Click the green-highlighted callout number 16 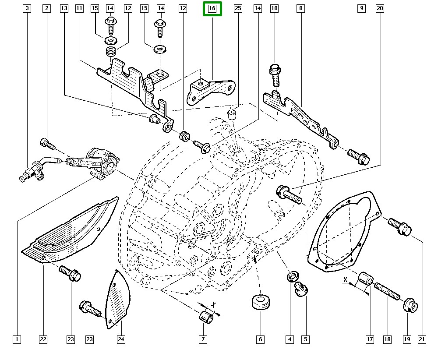tap(212, 8)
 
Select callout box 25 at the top tap(238, 8)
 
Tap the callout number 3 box tap(28, 8)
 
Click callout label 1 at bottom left tap(17, 339)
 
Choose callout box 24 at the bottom tap(121, 339)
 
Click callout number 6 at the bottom tap(260, 339)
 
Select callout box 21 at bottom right tap(422, 339)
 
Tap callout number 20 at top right tap(380, 8)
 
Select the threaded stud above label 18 tap(387, 290)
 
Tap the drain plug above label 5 tap(301, 289)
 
